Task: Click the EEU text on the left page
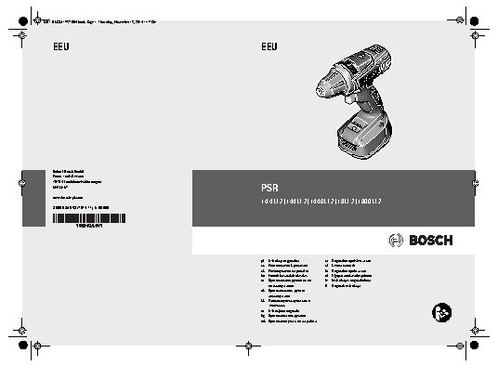tap(60, 46)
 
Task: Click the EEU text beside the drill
tap(269, 46)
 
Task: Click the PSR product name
tap(270, 184)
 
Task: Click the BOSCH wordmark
tap(428, 241)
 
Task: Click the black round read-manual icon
tap(443, 315)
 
